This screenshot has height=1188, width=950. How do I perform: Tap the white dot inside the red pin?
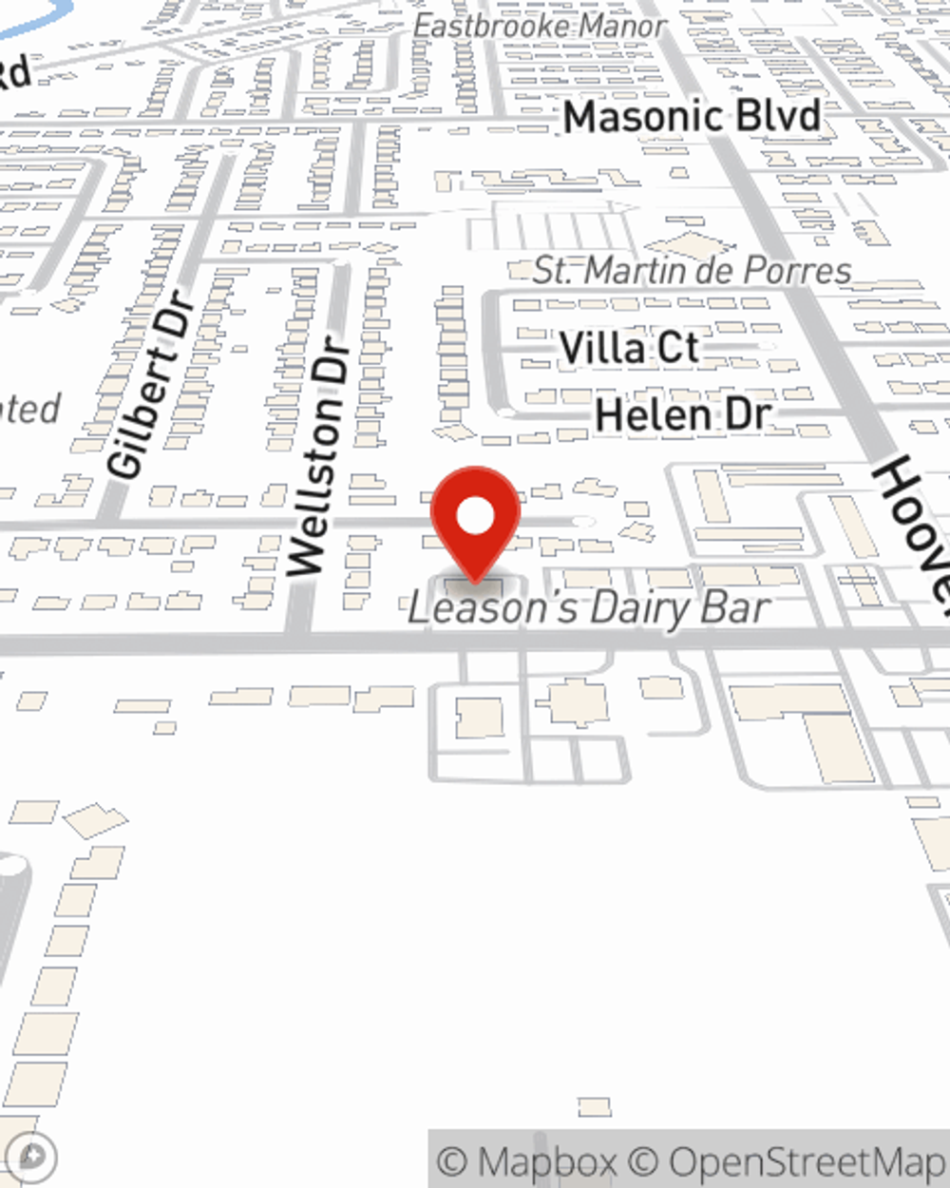(x=475, y=517)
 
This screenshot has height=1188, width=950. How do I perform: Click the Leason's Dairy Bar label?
(x=588, y=609)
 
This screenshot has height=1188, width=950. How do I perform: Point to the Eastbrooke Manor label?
(x=540, y=27)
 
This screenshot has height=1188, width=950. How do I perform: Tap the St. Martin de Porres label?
(x=692, y=271)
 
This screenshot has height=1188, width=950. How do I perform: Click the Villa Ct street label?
(x=629, y=349)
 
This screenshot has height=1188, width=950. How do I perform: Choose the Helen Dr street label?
(x=682, y=415)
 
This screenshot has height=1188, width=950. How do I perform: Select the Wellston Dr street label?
(x=317, y=456)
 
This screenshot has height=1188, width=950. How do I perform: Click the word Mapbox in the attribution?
(x=547, y=1161)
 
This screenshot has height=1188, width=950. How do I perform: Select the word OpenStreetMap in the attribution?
(x=807, y=1161)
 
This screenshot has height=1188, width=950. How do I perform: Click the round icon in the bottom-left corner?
(x=32, y=1158)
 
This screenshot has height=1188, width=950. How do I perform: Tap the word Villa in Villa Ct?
(x=601, y=349)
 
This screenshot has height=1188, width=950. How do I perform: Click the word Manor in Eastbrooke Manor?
(x=623, y=27)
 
